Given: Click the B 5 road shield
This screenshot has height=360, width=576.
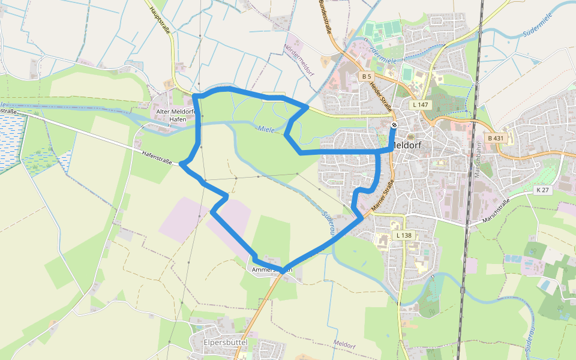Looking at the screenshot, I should (367, 76).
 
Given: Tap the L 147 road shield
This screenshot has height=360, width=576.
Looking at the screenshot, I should (421, 104).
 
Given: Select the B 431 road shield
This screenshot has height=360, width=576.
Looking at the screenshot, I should (496, 138).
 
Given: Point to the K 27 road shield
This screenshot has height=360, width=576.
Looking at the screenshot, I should (542, 190).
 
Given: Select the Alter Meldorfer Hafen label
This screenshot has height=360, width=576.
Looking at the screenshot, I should (172, 115).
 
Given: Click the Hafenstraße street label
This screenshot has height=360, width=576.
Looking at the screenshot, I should (157, 158).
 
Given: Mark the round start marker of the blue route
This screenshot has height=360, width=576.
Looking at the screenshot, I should (394, 125).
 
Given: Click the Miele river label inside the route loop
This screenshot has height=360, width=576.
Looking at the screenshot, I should (267, 129).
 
